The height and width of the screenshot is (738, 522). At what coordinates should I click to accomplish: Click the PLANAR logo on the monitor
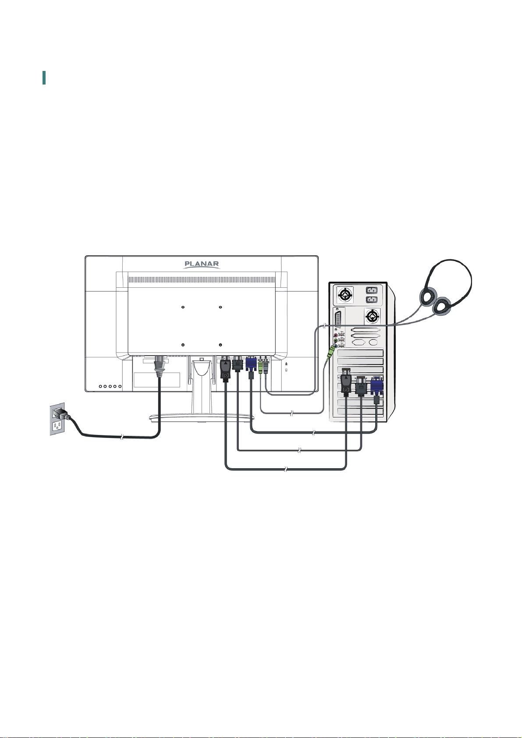click(201, 265)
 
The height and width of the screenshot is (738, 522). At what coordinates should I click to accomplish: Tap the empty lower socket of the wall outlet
click(57, 426)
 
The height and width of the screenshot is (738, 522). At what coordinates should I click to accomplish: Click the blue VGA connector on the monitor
click(251, 364)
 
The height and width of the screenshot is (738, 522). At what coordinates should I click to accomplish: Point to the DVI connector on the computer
click(361, 385)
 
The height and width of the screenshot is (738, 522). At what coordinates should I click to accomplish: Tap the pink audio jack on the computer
click(336, 335)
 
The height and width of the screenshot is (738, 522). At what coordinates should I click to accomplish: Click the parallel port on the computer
click(339, 318)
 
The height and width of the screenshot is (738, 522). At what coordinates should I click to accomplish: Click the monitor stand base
click(201, 418)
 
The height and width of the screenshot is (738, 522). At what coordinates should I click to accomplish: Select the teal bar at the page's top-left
click(44, 78)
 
